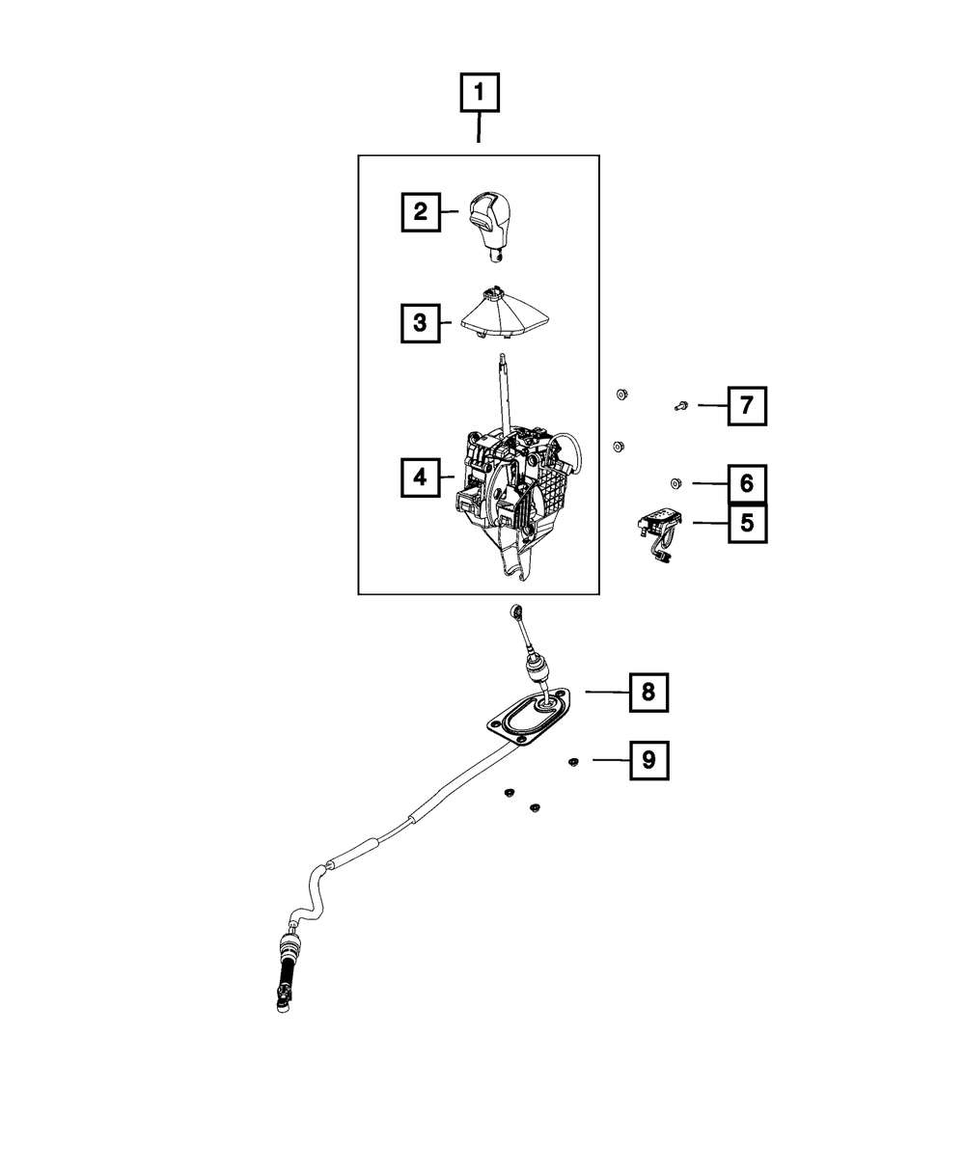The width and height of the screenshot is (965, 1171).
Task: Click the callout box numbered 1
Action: [480, 95]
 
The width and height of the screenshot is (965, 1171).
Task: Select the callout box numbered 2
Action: [421, 211]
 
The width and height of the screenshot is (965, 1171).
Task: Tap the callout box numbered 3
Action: [421, 322]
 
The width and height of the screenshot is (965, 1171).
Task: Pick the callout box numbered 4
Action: [421, 476]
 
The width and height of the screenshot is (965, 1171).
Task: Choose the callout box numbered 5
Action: [747, 523]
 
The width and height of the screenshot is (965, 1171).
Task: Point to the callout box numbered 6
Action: [747, 481]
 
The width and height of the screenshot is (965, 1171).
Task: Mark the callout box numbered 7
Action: [747, 406]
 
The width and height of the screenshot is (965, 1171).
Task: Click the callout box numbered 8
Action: [648, 692]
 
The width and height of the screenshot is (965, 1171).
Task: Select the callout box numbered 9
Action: [648, 760]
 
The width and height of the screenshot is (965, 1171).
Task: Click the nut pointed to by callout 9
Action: [572, 762]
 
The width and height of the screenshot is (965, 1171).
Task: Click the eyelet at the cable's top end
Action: [516, 611]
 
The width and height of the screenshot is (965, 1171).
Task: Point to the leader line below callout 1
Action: [480, 128]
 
